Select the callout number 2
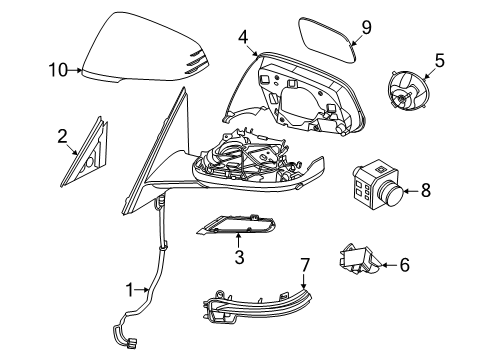coord(62,135)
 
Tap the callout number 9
coord(366,28)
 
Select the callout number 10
coord(58,70)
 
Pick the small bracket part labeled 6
coord(362,259)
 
